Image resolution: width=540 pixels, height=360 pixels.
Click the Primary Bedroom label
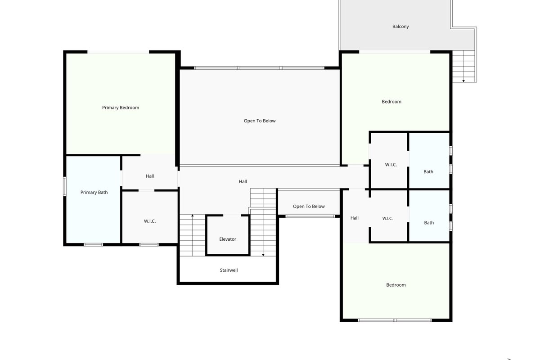tap(121, 108)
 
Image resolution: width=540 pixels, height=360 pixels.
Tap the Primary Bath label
tap(94, 192)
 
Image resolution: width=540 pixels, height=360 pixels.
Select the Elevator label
tap(228, 239)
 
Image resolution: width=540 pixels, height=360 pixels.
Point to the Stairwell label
tap(229, 270)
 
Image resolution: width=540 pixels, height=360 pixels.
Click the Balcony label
tap(400, 26)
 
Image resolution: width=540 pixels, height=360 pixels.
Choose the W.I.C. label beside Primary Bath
tap(150, 221)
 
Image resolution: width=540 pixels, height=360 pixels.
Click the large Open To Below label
tap(260, 121)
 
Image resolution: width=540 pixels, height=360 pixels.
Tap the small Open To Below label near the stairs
tap(309, 206)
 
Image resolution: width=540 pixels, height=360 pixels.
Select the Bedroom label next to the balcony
tap(391, 102)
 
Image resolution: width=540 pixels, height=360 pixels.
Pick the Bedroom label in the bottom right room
tap(396, 285)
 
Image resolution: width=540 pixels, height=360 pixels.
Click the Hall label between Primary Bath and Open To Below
tap(150, 176)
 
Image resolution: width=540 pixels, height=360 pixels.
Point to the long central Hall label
tap(243, 181)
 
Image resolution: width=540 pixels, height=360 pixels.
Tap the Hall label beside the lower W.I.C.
tap(355, 218)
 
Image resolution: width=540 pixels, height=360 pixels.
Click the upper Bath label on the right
tap(428, 171)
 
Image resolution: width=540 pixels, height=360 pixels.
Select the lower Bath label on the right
tap(429, 223)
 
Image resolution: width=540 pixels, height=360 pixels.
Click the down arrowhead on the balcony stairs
tap(463, 81)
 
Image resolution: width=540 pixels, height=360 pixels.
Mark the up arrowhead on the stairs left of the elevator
tap(193, 215)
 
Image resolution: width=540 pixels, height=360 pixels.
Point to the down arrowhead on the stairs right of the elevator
tap(263, 255)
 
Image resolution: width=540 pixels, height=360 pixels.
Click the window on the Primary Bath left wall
tap(65, 186)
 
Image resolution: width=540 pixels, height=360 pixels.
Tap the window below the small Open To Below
tap(310, 216)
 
